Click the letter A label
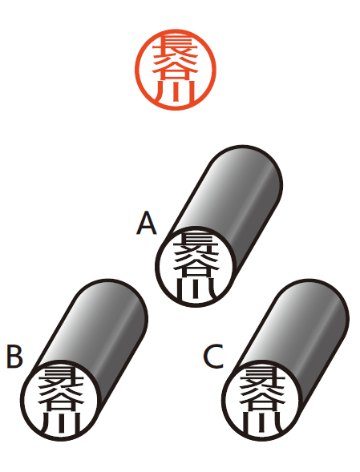coord(147,223)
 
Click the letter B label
coord(14,357)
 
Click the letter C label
coord(213,357)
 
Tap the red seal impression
coord(176,70)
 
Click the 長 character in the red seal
coord(176,48)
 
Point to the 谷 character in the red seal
coord(176,71)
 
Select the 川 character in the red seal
coord(176,92)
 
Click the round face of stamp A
coord(196,266)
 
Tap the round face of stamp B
coord(61,401)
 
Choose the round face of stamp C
coord(262,401)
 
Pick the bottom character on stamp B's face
coord(61,422)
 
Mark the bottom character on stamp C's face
coord(262,422)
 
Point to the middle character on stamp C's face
coord(262,401)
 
